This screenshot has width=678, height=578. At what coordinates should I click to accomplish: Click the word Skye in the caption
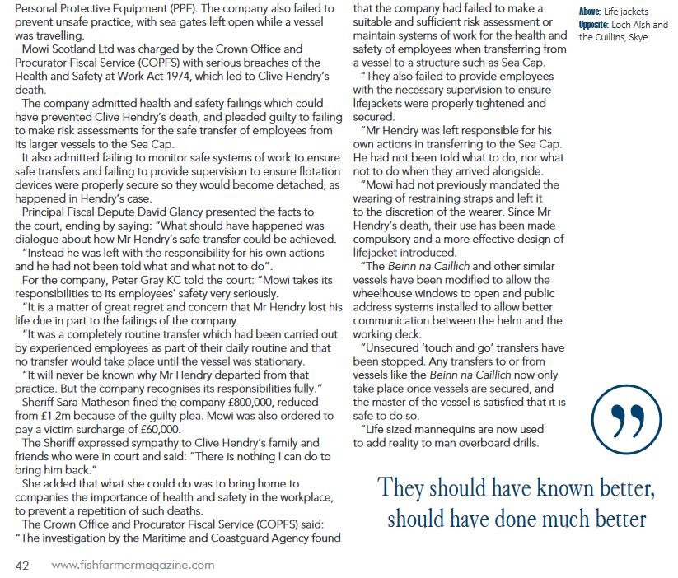tap(638, 37)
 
